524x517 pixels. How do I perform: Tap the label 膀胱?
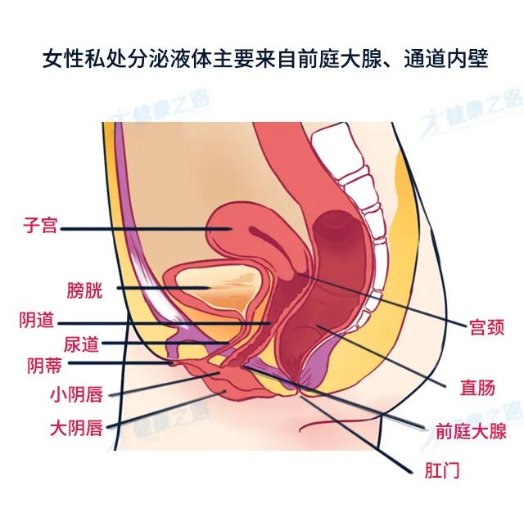tap(84, 290)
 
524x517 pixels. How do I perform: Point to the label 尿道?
tap(82, 344)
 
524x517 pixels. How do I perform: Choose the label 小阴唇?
tap(75, 395)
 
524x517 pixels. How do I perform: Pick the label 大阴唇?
tap(75, 427)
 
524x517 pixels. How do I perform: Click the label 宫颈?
tap(485, 328)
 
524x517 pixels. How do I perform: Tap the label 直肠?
tap(477, 388)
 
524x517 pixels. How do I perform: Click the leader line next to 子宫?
tap(139, 228)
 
